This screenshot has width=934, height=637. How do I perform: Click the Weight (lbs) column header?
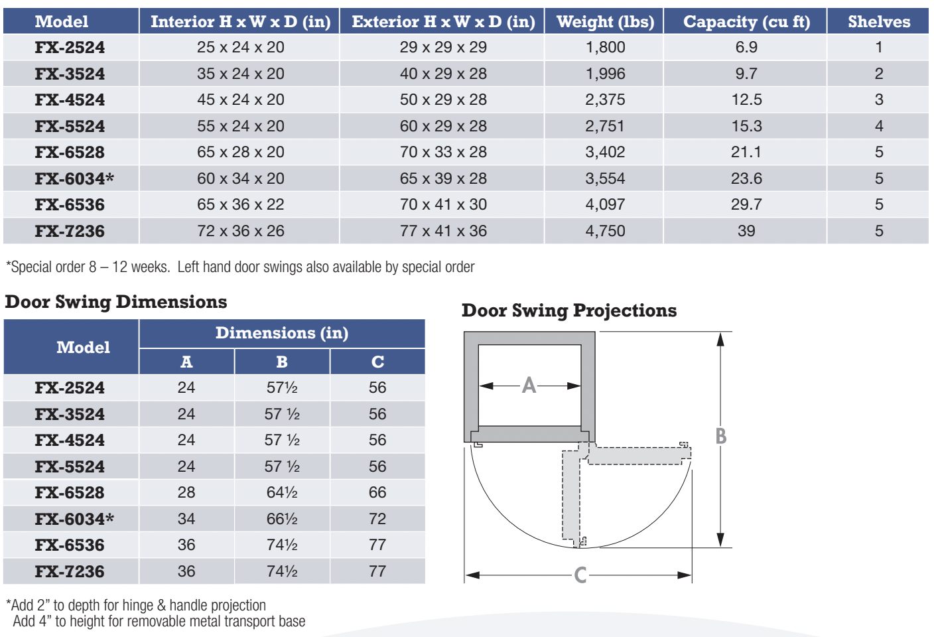[605, 22]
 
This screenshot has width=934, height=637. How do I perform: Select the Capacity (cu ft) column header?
[746, 22]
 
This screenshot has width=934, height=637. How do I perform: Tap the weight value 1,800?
[605, 47]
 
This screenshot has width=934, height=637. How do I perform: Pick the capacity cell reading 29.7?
[746, 204]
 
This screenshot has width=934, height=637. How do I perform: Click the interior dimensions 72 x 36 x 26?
[240, 231]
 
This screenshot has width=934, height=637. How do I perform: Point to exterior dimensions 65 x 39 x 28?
[443, 178]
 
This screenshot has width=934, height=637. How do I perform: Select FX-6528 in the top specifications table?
[70, 152]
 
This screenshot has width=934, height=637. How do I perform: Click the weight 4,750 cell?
[605, 231]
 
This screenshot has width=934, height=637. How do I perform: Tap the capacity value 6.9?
[746, 47]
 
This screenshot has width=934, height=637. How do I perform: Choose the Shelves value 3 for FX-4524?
[879, 100]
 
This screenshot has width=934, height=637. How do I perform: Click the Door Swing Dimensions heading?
[116, 302]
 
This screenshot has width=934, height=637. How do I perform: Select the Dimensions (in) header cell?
[282, 333]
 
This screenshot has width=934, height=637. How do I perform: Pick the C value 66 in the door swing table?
[377, 492]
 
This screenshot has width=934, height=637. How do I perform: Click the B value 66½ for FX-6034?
[282, 519]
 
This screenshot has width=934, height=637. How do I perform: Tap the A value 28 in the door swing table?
[186, 492]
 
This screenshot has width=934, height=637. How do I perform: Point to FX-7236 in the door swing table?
[70, 571]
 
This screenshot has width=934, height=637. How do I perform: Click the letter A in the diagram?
[529, 385]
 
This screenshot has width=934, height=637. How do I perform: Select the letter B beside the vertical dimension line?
[721, 436]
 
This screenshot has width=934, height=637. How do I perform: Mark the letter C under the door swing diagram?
[580, 575]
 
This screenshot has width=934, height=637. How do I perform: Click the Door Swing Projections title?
[569, 311]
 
